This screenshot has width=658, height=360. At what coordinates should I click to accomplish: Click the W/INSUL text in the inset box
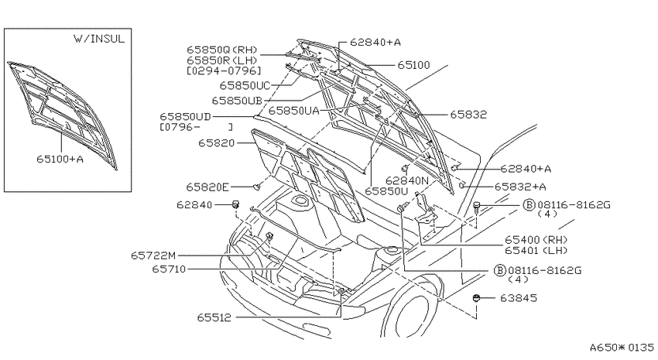coord(99,39)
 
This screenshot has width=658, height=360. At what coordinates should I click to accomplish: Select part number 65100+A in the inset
coord(60,159)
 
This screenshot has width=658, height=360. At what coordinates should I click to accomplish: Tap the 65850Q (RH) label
coord(222,50)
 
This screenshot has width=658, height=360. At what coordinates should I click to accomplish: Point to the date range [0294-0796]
coord(224,70)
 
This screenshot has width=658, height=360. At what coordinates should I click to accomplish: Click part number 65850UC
coord(245,86)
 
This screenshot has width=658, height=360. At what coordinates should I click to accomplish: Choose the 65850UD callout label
coord(185,116)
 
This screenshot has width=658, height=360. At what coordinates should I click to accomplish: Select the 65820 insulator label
coord(217,143)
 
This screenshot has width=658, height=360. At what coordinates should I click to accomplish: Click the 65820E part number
coord(207,187)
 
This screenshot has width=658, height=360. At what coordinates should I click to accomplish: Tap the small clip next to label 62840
coord(236,204)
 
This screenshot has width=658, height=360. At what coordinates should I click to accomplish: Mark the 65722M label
coord(153,255)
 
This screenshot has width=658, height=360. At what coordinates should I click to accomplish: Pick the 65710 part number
coord(169,269)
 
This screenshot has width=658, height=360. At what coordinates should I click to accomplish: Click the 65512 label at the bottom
coord(214,317)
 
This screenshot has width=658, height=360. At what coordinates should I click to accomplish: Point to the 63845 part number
coord(518,298)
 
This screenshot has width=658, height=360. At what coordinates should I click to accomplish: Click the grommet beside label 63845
coord(476,298)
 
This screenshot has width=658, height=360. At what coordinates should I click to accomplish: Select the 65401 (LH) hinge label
coord(536,251)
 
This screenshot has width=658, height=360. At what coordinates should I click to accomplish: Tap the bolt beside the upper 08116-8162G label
coord(477,207)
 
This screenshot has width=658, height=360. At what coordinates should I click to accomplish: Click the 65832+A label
coord(520,187)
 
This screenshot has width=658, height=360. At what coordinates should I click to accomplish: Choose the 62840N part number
coord(407,180)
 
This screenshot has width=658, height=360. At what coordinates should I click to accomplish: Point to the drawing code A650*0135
coord(622,348)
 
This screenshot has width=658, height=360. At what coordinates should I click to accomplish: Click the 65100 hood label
coord(414,65)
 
